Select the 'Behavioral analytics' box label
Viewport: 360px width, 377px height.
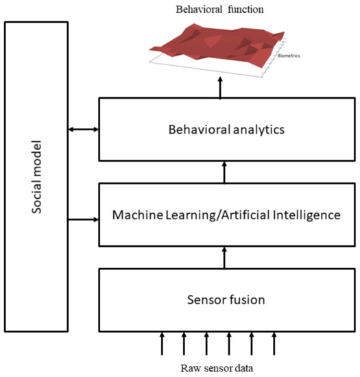226,128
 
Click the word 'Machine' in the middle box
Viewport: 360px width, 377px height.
139,215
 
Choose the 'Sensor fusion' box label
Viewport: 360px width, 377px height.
226,300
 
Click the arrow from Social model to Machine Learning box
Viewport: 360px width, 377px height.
84,220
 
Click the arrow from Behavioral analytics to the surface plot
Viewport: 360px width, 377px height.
220,87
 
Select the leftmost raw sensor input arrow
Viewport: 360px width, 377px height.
163,342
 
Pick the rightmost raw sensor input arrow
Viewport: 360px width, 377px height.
275,342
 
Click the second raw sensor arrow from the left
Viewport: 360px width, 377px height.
184,342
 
